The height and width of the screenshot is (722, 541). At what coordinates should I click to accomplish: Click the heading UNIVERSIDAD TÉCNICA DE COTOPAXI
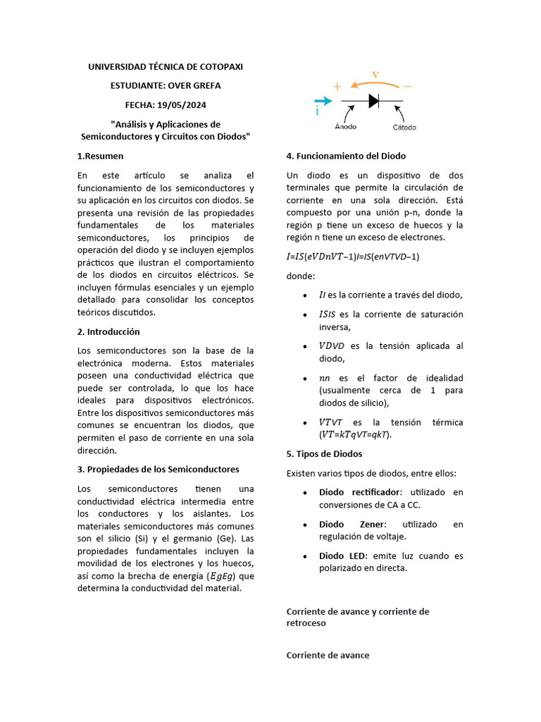(166, 67)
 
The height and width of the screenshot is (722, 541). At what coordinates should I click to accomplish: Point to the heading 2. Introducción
(108, 331)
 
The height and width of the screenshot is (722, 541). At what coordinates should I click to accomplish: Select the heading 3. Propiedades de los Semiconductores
(158, 469)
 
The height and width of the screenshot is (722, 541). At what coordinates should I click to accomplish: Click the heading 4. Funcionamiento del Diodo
(346, 156)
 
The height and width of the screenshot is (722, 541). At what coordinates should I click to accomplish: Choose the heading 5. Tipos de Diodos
(324, 453)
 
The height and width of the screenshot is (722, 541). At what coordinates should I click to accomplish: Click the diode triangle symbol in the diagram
(374, 101)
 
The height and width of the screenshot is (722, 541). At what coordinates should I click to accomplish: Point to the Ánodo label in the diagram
(345, 128)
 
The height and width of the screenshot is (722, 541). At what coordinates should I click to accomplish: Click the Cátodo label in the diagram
(404, 128)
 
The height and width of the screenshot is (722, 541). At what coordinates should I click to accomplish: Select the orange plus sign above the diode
(337, 87)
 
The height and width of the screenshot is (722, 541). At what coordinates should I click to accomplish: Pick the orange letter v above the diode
(375, 75)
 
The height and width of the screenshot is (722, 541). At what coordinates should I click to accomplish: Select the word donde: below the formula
(301, 276)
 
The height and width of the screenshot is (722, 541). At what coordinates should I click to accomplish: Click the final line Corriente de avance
(328, 655)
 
